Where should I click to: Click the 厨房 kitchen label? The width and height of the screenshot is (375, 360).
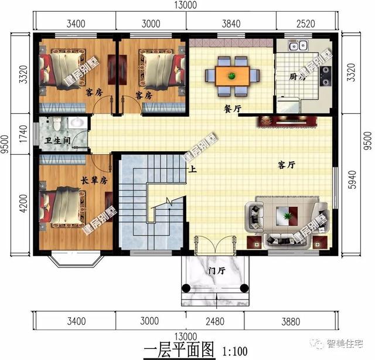coord(298,77)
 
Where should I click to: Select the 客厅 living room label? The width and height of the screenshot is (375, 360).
coord(285,165)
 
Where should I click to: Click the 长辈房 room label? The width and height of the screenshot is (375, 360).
coord(94,180)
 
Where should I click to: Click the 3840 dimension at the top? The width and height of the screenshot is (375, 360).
coord(230,24)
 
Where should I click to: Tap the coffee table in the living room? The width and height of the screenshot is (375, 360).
coord(287,216)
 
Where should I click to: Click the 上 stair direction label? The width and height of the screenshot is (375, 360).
coord(192,170)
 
